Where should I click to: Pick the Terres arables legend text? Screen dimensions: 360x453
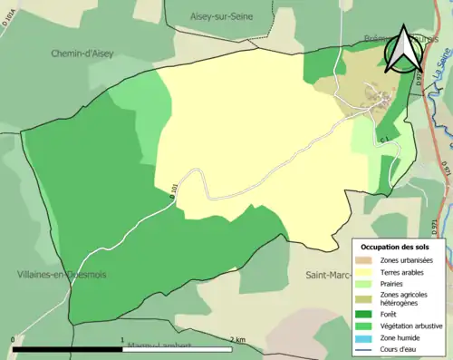(405, 271)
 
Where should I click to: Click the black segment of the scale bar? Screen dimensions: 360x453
(68, 348)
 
